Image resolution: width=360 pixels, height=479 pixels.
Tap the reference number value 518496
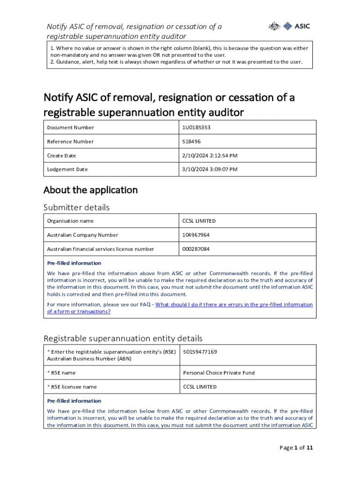point(192,141)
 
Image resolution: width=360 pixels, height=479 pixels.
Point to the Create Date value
point(209,155)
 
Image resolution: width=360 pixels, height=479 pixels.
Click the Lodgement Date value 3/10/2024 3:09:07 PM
point(209,169)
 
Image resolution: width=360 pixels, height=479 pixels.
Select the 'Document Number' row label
point(71,127)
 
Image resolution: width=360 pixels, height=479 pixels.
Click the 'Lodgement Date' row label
point(67,169)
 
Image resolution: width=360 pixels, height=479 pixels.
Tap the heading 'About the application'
point(91,190)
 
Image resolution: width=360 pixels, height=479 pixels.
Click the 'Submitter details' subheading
point(77,207)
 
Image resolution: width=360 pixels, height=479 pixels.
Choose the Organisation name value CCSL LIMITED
point(199,221)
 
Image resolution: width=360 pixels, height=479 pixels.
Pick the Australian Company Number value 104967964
point(196,235)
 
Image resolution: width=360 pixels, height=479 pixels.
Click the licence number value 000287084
point(196,249)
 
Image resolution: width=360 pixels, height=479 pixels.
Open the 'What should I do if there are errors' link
point(234,305)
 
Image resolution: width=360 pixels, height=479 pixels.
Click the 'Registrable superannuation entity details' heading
point(123,338)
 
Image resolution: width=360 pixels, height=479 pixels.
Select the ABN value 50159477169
point(200,352)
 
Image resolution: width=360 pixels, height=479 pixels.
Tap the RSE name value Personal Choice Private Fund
point(219,373)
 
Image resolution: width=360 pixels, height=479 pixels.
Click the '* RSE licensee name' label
point(72,387)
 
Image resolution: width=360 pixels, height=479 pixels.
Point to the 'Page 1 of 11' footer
point(296,448)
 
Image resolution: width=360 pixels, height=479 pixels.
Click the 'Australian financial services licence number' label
point(101,249)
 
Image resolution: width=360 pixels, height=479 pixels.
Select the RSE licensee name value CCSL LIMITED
point(200,387)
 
